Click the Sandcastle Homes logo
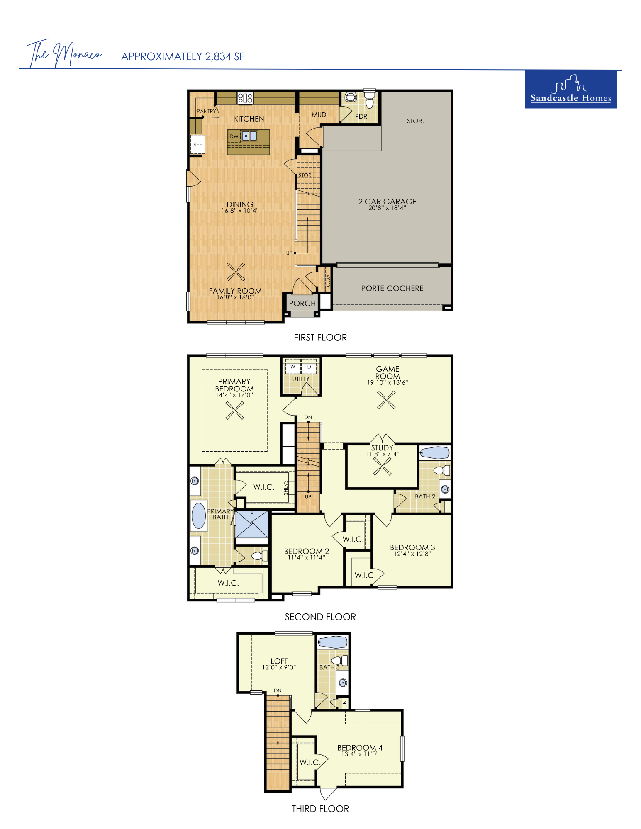pyautogui.click(x=570, y=89)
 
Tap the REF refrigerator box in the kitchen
pyautogui.click(x=197, y=144)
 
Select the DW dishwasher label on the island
pyautogui.click(x=234, y=136)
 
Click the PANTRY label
pyautogui.click(x=206, y=111)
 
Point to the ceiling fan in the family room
pyautogui.click(x=236, y=272)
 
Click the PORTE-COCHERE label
pyautogui.click(x=392, y=288)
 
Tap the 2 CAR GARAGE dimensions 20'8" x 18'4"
pyautogui.click(x=387, y=208)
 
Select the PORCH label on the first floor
pyautogui.click(x=302, y=303)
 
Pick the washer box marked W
pyautogui.click(x=292, y=367)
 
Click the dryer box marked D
pyautogui.click(x=309, y=367)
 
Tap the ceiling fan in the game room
pyautogui.click(x=386, y=400)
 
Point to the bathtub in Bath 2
pyautogui.click(x=434, y=452)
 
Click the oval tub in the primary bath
pyautogui.click(x=199, y=515)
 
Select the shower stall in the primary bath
pyautogui.click(x=251, y=524)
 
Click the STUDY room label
pyautogui.click(x=382, y=448)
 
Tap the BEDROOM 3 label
pyautogui.click(x=412, y=547)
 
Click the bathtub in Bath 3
pyautogui.click(x=333, y=642)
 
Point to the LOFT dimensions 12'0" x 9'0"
pyautogui.click(x=279, y=667)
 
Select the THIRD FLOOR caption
pyautogui.click(x=320, y=809)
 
